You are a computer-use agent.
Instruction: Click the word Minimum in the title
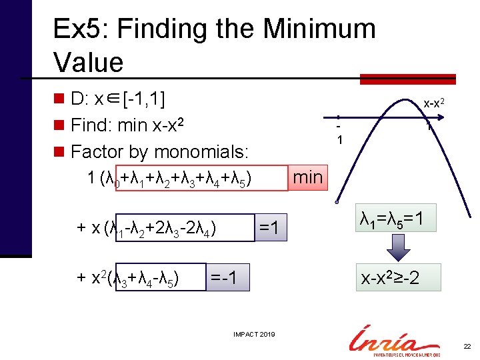click(319, 29)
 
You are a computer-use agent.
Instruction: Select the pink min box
click(307, 177)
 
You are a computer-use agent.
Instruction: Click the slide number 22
click(466, 347)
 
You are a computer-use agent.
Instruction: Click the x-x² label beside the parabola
click(435, 103)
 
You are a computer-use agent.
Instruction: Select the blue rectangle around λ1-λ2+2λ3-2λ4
click(185, 227)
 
